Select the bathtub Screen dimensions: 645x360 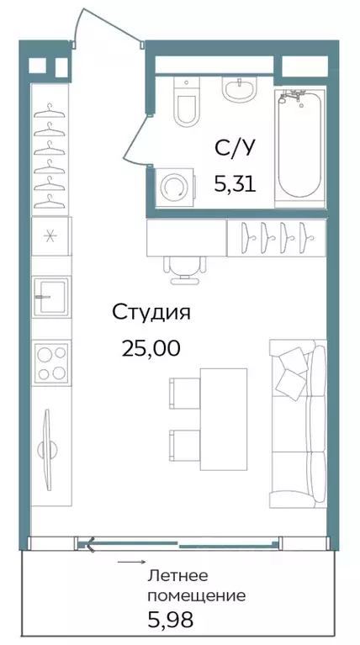(300, 145)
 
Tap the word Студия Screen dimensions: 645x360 (151, 313)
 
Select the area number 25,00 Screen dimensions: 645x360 (151, 347)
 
